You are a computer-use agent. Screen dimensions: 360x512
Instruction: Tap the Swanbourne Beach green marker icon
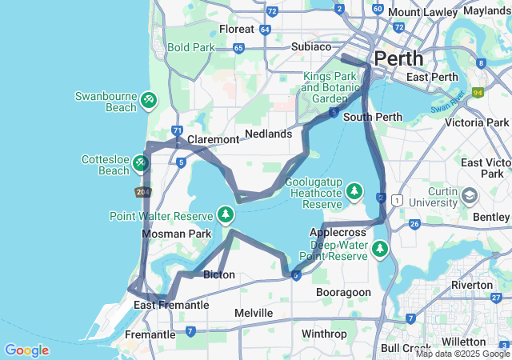pyautogui.click(x=149, y=100)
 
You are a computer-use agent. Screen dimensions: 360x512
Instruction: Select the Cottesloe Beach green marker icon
pyautogui.click(x=141, y=163)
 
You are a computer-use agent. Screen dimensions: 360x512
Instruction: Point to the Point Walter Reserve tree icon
pyautogui.click(x=226, y=215)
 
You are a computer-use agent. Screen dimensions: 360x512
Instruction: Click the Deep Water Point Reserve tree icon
pyautogui.click(x=381, y=249)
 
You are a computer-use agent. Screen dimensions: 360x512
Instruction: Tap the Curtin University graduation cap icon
pyautogui.click(x=470, y=195)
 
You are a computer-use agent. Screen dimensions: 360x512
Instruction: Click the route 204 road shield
pyautogui.click(x=143, y=192)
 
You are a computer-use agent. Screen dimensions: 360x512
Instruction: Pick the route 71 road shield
pyautogui.click(x=177, y=131)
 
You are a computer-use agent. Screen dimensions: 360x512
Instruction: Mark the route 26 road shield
pyautogui.click(x=414, y=223)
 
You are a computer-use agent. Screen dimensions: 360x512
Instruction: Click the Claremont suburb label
pyautogui.click(x=213, y=139)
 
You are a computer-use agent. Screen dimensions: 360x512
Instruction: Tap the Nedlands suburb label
pyautogui.click(x=268, y=134)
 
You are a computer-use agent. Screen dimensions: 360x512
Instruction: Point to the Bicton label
pyautogui.click(x=219, y=274)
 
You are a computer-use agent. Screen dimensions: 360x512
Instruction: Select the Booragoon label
pyautogui.click(x=343, y=292)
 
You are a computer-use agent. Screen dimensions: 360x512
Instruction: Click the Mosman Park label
pyautogui.click(x=176, y=234)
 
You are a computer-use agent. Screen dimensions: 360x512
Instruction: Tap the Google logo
pyautogui.click(x=26, y=350)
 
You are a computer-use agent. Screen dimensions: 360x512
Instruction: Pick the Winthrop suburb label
pyautogui.click(x=325, y=333)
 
